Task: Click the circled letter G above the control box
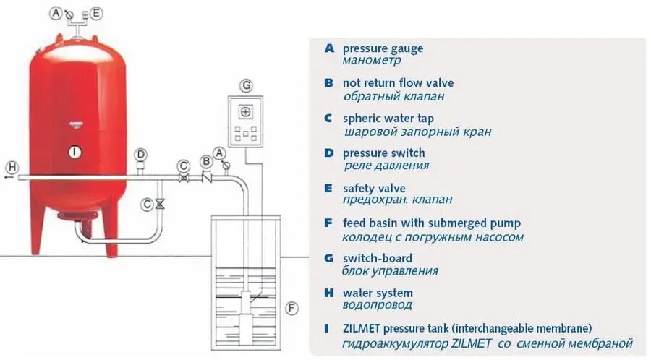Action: (247, 86)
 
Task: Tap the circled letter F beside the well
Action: (292, 309)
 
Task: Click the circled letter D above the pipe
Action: (140, 154)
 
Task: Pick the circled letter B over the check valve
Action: (207, 160)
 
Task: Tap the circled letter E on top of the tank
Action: (96, 13)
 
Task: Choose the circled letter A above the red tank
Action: (56, 13)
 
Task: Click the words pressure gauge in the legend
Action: (383, 48)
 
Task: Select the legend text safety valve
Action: (374, 188)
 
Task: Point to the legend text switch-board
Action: (378, 258)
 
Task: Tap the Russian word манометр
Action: (372, 61)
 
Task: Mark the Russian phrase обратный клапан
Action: (393, 96)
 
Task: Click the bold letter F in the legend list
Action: (328, 223)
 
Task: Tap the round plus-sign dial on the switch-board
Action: (245, 112)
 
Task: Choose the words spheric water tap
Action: (388, 119)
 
